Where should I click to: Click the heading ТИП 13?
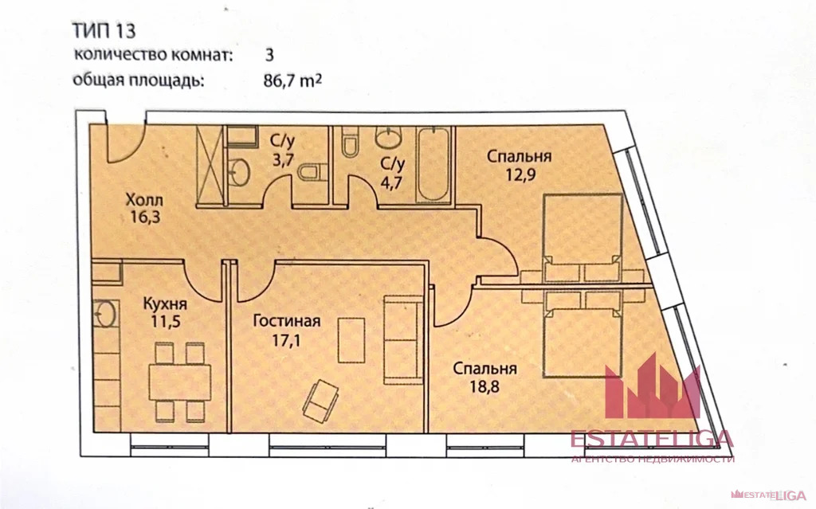(x=104, y=31)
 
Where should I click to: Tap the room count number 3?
(x=269, y=56)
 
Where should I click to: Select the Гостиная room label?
(x=286, y=322)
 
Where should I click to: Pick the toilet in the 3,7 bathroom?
(x=316, y=171)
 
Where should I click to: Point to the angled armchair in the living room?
(x=320, y=397)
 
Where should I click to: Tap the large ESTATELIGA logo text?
(x=651, y=440)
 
